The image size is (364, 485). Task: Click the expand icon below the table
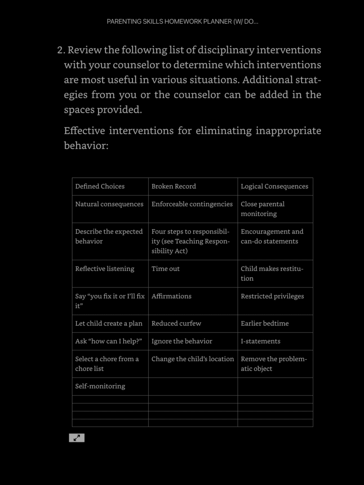[x=76, y=438]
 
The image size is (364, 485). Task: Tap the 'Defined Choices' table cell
[x=100, y=186]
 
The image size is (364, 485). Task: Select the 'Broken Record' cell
[x=173, y=186]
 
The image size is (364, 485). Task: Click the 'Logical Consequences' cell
[x=274, y=186]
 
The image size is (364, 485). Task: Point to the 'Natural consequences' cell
[x=109, y=204]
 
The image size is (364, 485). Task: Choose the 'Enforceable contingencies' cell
[x=192, y=204]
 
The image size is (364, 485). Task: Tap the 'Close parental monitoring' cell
[x=263, y=209]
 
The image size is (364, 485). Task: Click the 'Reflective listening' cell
[x=105, y=269]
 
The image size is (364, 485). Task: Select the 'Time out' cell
[x=165, y=269]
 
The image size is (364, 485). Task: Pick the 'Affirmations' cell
[x=171, y=296]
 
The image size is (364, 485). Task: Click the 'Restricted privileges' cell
[x=272, y=296]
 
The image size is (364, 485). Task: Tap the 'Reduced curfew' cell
[x=176, y=323]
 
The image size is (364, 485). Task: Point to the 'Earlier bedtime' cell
[x=265, y=323]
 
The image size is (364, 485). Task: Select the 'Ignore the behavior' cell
[x=182, y=341]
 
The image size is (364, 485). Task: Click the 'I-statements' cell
[x=260, y=341]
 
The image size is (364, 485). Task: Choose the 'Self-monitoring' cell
[x=100, y=386]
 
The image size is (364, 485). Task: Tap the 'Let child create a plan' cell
[x=109, y=323]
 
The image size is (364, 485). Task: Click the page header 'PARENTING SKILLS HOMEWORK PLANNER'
[x=182, y=22]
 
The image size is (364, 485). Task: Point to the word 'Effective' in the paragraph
[x=84, y=131]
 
